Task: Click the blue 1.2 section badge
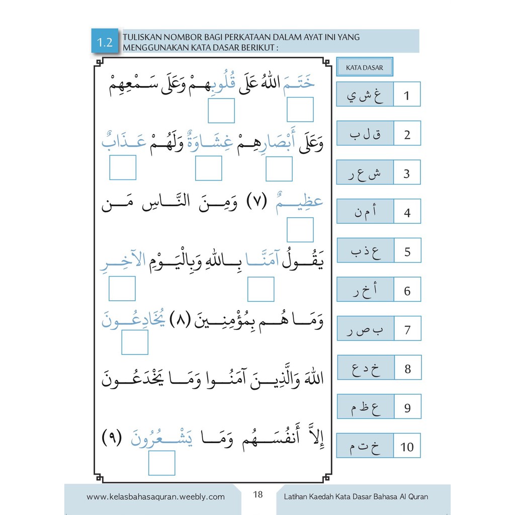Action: tap(105, 42)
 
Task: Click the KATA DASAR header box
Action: tap(364, 68)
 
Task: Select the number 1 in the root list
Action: tap(407, 95)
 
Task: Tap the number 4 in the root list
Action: tap(407, 212)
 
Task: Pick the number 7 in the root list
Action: tap(407, 330)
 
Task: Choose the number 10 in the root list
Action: tap(407, 447)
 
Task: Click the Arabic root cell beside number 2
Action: tap(365, 134)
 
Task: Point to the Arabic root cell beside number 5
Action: tap(365, 251)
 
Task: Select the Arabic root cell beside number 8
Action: tap(366, 369)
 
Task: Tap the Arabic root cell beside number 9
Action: tap(366, 407)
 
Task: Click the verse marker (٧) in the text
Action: tap(258, 205)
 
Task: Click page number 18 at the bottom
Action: tap(258, 494)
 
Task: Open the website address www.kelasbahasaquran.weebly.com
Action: tap(155, 497)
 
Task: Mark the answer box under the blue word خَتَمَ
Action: tap(300, 110)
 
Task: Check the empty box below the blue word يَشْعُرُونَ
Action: tap(162, 463)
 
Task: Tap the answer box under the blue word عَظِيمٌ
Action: tap(300, 230)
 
